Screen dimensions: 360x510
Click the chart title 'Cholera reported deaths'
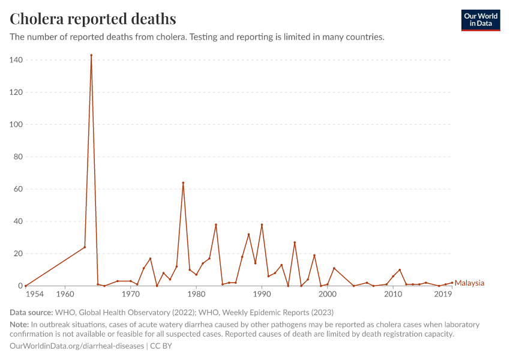[93, 19]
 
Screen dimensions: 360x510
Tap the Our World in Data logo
[480, 20]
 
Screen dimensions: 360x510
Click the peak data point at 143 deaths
[91, 55]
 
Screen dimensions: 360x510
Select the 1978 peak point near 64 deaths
[183, 182]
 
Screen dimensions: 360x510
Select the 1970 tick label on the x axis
[130, 295]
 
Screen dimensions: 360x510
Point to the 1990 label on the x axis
[262, 295]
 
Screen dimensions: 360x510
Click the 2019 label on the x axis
[443, 295]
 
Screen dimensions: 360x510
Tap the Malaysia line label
[469, 283]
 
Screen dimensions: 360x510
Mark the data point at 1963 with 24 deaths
[85, 247]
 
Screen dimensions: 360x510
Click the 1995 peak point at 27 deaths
[295, 242]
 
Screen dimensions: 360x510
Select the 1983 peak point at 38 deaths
[216, 224]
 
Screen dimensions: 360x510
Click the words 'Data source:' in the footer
[31, 313]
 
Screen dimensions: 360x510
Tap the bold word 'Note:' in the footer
[20, 325]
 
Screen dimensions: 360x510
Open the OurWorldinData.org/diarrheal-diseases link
[77, 346]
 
